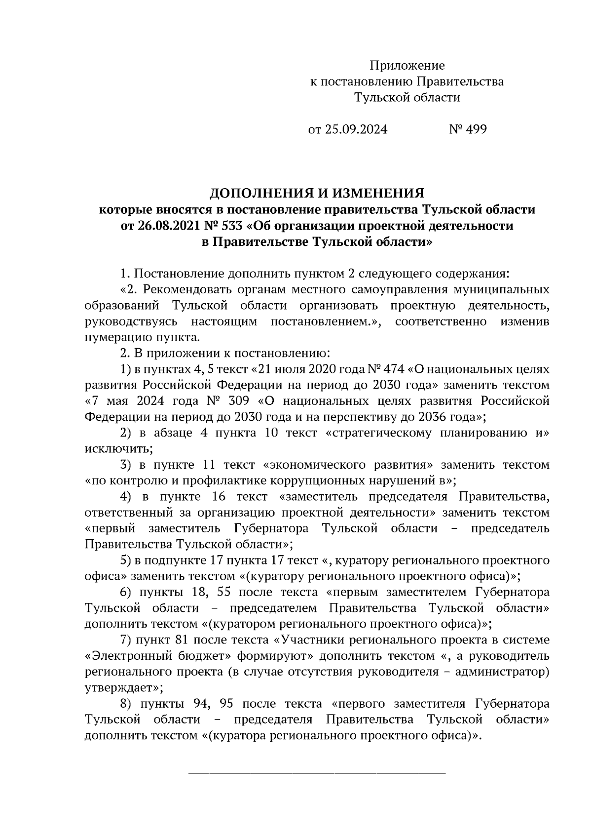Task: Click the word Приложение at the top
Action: tap(407, 66)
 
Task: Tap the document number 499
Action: tap(476, 129)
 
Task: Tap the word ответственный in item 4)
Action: tap(126, 513)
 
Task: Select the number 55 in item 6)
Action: tap(231, 592)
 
